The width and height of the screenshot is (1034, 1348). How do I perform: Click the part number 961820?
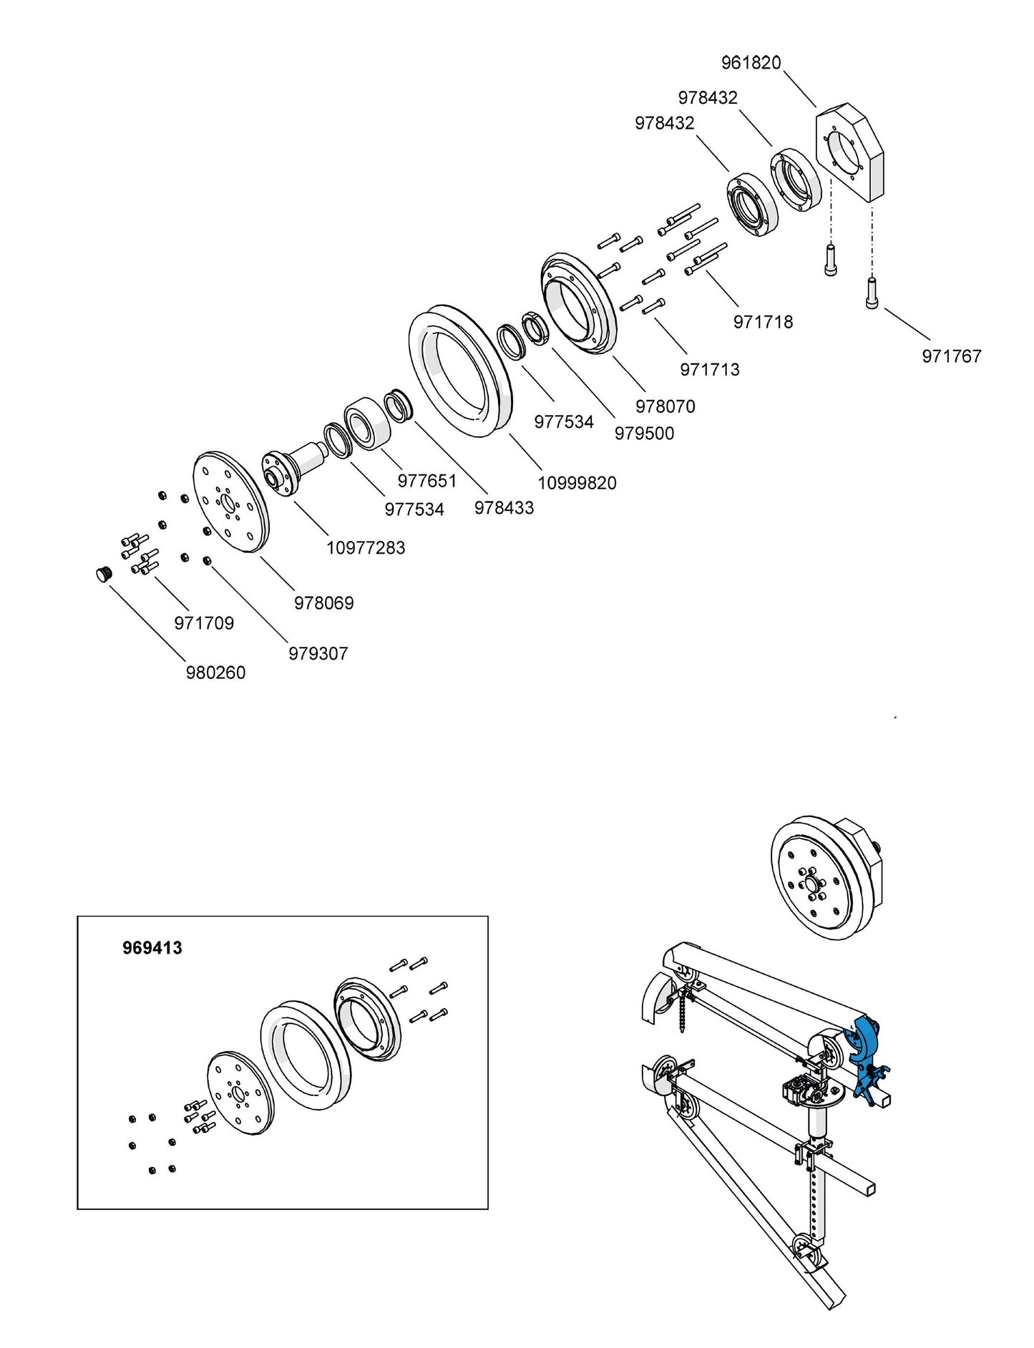[751, 63]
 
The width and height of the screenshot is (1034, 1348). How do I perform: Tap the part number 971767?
[951, 356]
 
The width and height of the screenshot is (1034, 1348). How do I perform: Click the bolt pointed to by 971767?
[872, 293]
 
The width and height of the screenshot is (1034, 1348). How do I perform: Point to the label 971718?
[763, 322]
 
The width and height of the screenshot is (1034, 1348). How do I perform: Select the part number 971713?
[709, 370]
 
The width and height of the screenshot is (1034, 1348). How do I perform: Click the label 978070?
[665, 406]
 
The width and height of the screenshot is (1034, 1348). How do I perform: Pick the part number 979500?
[644, 434]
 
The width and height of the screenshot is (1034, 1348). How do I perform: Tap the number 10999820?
[577, 483]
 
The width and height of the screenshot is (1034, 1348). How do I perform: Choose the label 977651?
[426, 480]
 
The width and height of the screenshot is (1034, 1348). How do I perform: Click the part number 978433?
[504, 508]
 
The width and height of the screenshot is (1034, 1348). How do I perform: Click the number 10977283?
[366, 548]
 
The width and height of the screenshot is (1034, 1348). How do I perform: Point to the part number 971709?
[204, 623]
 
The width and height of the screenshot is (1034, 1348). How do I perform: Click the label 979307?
[318, 654]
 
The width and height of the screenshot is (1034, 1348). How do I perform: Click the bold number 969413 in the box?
[152, 948]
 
